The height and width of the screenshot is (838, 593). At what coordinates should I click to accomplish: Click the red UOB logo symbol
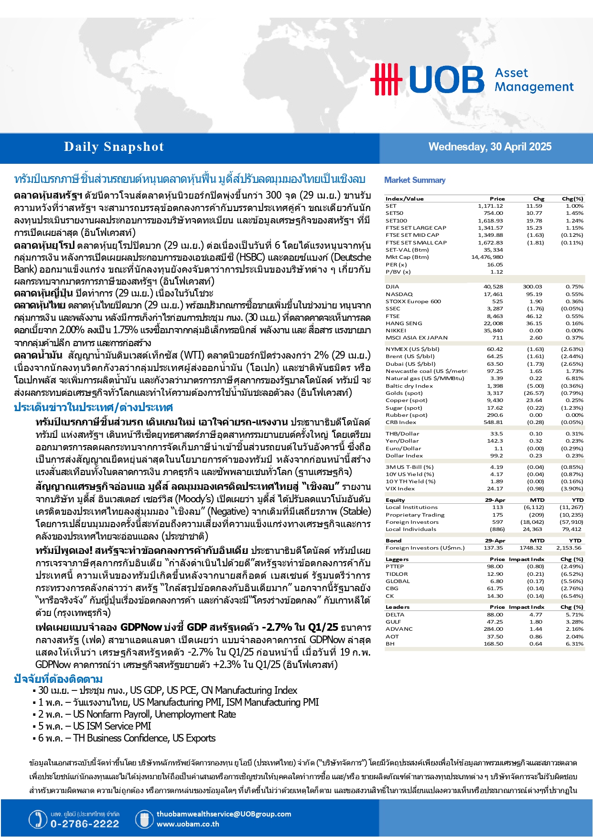(x=386, y=79)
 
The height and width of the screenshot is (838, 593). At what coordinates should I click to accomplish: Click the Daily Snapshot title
(x=114, y=147)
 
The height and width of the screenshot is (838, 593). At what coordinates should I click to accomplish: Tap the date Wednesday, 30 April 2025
(x=490, y=147)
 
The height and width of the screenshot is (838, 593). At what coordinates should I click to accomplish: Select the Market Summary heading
(x=415, y=180)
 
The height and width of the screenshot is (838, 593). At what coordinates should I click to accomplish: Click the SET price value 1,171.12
(x=490, y=206)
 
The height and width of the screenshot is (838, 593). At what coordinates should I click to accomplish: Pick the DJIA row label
(x=392, y=287)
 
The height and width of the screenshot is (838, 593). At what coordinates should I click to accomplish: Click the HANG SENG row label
(x=404, y=323)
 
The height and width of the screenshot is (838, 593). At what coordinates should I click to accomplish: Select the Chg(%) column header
(x=572, y=199)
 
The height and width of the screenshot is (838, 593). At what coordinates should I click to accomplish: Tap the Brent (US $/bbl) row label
(x=410, y=356)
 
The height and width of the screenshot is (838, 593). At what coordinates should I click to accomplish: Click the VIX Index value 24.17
(x=495, y=488)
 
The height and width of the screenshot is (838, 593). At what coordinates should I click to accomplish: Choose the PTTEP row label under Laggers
(x=395, y=566)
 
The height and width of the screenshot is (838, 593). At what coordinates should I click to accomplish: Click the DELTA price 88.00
(x=495, y=615)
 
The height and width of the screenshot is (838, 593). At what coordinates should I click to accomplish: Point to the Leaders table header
(x=398, y=607)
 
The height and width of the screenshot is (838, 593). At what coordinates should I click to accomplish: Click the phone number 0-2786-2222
(x=85, y=824)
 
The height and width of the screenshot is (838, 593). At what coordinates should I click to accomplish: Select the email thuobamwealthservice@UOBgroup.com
(x=224, y=814)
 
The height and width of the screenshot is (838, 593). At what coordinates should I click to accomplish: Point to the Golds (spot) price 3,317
(x=495, y=393)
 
